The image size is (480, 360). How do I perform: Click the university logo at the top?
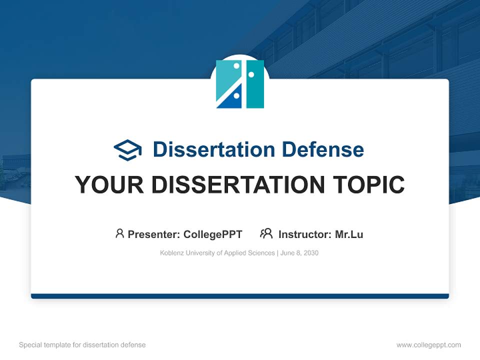(240, 84)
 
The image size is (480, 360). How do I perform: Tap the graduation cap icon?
(127, 150)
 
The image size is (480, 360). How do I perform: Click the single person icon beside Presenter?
(119, 233)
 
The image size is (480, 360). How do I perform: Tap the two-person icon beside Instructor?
(266, 233)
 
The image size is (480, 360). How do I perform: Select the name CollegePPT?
(212, 234)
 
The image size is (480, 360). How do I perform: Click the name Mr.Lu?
(349, 234)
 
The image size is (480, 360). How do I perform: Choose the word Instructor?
(304, 234)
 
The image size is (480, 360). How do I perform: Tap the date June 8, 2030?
(299, 253)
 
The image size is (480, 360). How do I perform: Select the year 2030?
(310, 253)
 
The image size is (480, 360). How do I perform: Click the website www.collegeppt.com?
(428, 345)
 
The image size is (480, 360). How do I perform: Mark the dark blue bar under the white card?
(240, 296)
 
